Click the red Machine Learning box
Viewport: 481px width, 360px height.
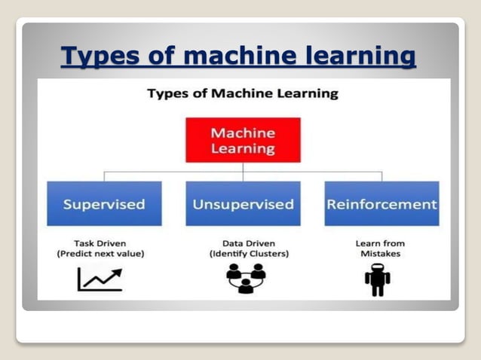click(243, 140)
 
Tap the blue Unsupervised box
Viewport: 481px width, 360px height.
click(243, 203)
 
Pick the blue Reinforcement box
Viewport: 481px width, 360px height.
click(381, 203)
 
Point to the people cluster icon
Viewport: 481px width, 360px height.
click(242, 279)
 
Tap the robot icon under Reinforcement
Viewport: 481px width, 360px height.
click(377, 279)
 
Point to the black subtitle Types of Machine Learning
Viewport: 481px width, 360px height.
click(243, 94)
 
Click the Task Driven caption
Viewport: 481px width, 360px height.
click(100, 243)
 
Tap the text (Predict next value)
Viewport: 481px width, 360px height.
click(100, 254)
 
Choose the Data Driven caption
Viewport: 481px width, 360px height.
click(243, 243)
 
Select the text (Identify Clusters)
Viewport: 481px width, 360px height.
click(243, 254)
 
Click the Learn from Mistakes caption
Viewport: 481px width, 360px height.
click(380, 249)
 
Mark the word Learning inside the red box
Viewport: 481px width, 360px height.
click(243, 148)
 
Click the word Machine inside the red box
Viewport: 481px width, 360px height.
click(243, 133)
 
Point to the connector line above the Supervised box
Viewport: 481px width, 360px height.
click(103, 175)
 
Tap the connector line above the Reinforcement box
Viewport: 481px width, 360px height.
click(381, 175)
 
